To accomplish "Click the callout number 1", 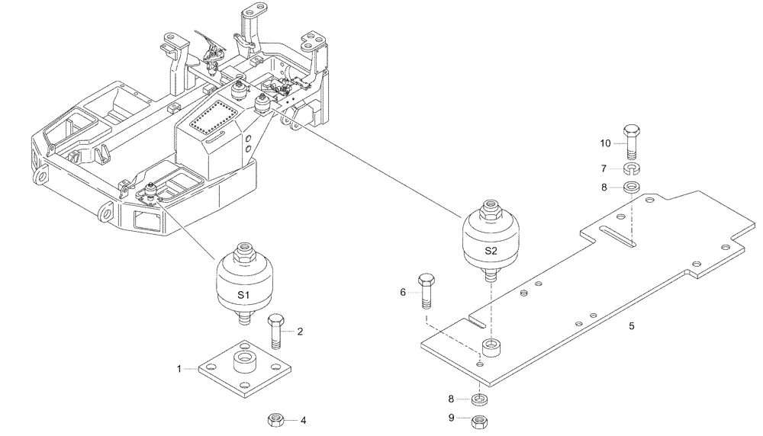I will (x=179, y=369).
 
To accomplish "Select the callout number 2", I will (x=300, y=332).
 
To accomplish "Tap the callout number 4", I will (x=303, y=419).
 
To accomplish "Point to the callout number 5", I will (x=631, y=326).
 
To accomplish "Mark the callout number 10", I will (x=605, y=143).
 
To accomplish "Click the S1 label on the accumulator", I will (x=243, y=294).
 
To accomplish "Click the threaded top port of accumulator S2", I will (x=489, y=207).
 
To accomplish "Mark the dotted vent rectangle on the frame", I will (x=214, y=120).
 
